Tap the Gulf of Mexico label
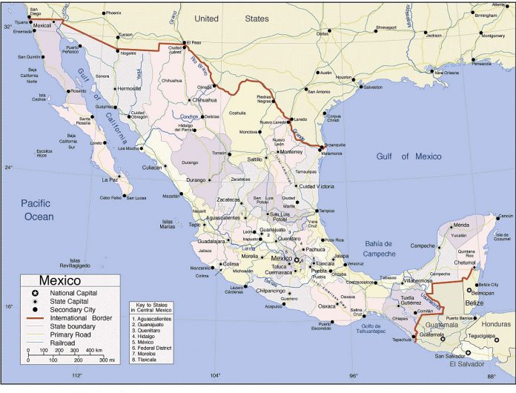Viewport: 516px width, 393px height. [x=408, y=156]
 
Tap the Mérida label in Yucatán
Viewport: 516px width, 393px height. [x=462, y=225]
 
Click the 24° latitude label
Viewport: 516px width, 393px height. [x=9, y=167]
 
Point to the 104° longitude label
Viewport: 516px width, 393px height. [x=216, y=375]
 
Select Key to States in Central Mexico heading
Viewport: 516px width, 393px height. [x=155, y=307]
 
